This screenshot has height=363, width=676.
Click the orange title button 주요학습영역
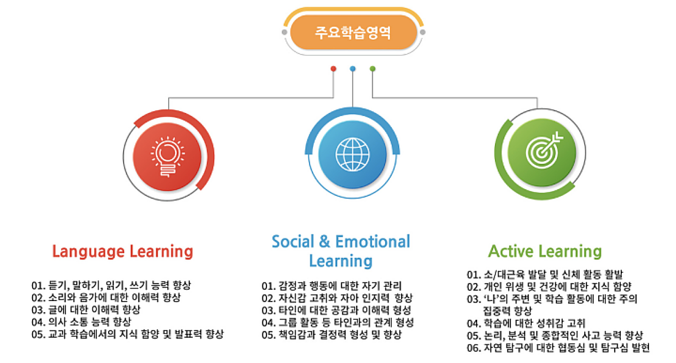353,32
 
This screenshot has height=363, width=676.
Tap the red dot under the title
333,69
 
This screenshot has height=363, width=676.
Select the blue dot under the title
353,69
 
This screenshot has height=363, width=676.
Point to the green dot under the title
372,69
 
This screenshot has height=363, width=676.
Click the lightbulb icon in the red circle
168,157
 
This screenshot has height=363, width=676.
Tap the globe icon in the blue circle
353,154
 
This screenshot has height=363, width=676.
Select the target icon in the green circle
544,150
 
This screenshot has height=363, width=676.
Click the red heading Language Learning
123,251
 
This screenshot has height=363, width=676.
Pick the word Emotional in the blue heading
373,241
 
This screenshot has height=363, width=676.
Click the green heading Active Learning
545,251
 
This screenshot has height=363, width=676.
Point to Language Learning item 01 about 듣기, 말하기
111,285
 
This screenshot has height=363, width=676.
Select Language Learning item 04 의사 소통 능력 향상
81,322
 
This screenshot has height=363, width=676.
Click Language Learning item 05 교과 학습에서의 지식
127,334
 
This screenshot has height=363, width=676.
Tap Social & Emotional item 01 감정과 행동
331,286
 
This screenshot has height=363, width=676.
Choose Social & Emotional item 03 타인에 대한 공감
336,310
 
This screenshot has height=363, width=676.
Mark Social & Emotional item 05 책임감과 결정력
331,335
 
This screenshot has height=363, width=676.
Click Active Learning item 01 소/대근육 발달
545,275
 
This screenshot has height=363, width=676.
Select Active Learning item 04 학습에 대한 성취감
526,323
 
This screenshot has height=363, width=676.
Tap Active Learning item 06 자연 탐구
558,348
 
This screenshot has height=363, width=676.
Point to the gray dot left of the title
284,32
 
